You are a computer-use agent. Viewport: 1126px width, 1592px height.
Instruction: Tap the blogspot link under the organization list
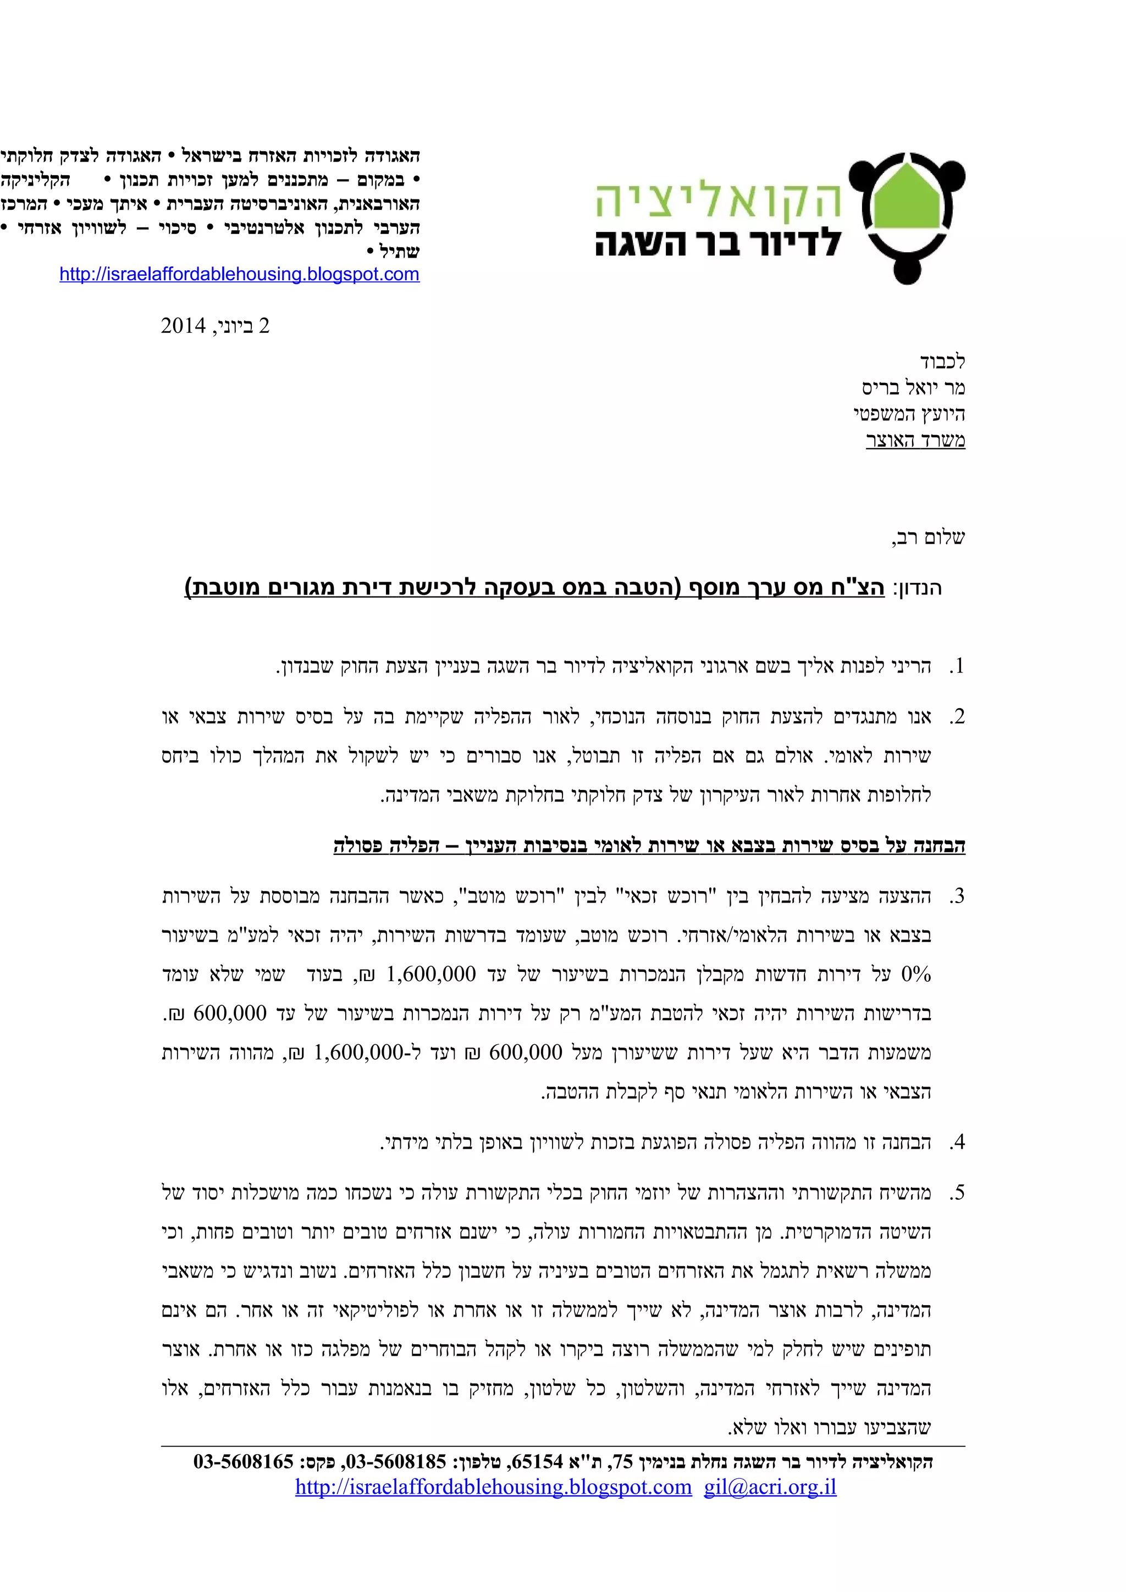(239, 274)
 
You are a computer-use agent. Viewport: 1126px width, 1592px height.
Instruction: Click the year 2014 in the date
(183, 326)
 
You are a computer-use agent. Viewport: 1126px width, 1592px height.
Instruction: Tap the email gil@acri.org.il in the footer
(770, 1487)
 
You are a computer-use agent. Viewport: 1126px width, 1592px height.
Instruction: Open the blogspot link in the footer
(493, 1487)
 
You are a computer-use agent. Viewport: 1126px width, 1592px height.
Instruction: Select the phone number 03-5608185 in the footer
(396, 1462)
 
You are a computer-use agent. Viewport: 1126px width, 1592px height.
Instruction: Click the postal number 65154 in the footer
(536, 1462)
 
